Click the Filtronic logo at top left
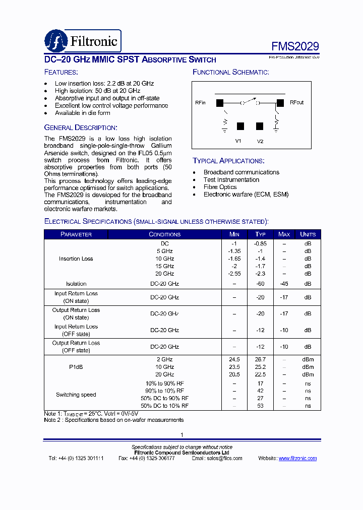pyautogui.click(x=83, y=41)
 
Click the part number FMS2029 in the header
pyautogui.click(x=295, y=46)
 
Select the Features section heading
pyautogui.click(x=60, y=72)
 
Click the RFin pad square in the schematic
pyautogui.click(x=220, y=103)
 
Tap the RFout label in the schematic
pyautogui.click(x=297, y=102)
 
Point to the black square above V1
pyautogui.click(x=240, y=126)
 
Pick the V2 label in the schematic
pyautogui.click(x=260, y=141)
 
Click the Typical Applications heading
pyautogui.click(x=228, y=161)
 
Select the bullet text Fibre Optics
pyautogui.click(x=220, y=187)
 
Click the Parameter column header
pyautogui.click(x=76, y=234)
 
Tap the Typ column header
pyautogui.click(x=260, y=234)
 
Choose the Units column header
pyautogui.click(x=308, y=234)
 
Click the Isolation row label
pyautogui.click(x=76, y=284)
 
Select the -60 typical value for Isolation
pyautogui.click(x=260, y=284)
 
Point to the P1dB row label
pyautogui.click(x=76, y=367)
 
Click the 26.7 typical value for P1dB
pyautogui.click(x=260, y=359)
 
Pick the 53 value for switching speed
pyautogui.click(x=260, y=406)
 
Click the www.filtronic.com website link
pyautogui.click(x=297, y=458)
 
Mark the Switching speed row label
pyautogui.click(x=76, y=395)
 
